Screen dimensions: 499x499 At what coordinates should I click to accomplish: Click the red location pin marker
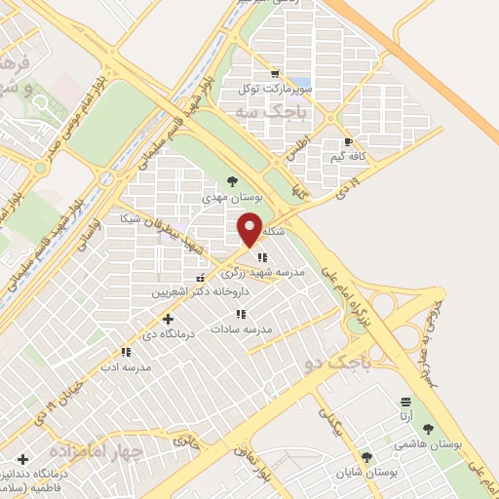point(250,230)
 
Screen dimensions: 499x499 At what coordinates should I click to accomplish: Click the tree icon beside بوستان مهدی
point(232,181)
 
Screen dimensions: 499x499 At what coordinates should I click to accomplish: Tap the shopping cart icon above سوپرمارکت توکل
point(274,74)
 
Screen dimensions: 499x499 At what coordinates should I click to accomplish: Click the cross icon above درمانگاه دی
point(169,319)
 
